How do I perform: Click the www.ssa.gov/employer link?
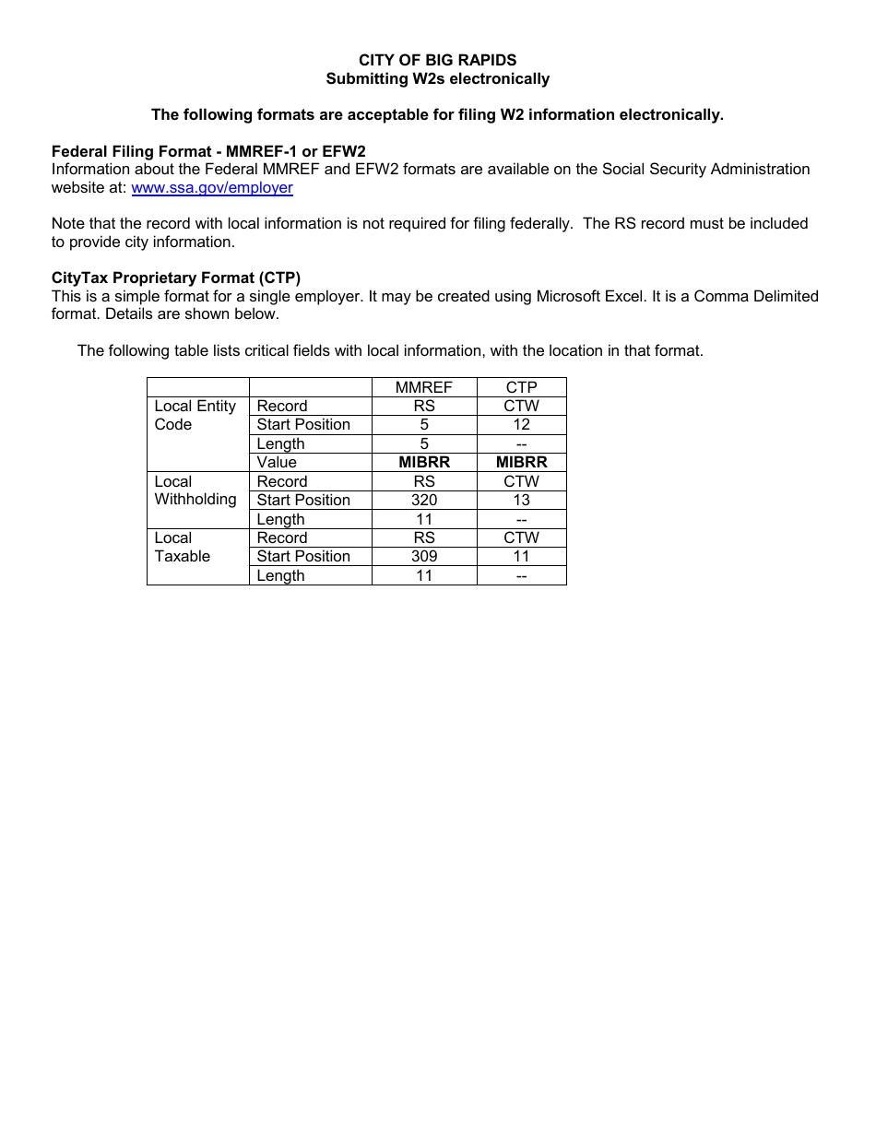point(212,188)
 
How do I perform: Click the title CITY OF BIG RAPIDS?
point(437,60)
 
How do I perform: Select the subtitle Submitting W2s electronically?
point(437,78)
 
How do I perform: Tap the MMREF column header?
point(423,387)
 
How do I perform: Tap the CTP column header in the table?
point(521,387)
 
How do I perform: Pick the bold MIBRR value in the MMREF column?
point(423,462)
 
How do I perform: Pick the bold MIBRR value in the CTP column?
point(521,462)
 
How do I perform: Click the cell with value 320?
point(423,500)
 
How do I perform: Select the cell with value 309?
point(423,556)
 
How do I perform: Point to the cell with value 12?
point(521,424)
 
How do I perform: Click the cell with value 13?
point(521,500)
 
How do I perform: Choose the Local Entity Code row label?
point(195,415)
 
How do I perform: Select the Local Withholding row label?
point(195,490)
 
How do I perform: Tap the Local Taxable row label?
point(182,547)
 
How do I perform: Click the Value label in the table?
point(277,462)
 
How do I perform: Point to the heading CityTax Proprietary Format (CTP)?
point(176,278)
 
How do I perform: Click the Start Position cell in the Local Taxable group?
point(303,556)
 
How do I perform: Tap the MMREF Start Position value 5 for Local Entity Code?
point(423,424)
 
